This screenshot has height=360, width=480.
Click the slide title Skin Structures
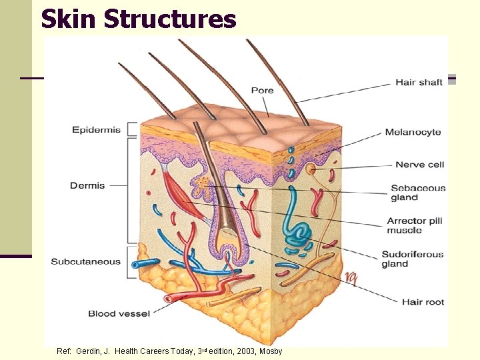[x=139, y=19]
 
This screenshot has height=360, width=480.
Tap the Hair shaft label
[x=419, y=83]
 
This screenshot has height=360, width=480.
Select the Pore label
[x=262, y=91]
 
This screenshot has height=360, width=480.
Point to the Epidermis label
[x=97, y=130]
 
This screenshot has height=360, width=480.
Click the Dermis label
[x=87, y=185]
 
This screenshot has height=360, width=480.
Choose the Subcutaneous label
[x=86, y=261]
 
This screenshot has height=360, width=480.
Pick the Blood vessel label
[x=119, y=313]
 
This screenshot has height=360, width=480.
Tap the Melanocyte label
[x=413, y=132]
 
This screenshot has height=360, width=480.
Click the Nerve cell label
[x=419, y=165]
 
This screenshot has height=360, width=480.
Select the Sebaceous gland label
[x=418, y=193]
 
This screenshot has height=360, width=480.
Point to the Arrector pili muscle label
[x=415, y=226]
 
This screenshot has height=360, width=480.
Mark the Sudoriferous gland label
[x=412, y=259]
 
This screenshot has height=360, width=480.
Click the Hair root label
[x=423, y=302]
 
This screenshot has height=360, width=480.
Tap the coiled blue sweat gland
[x=299, y=230]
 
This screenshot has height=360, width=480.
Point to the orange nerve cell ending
[x=310, y=169]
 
